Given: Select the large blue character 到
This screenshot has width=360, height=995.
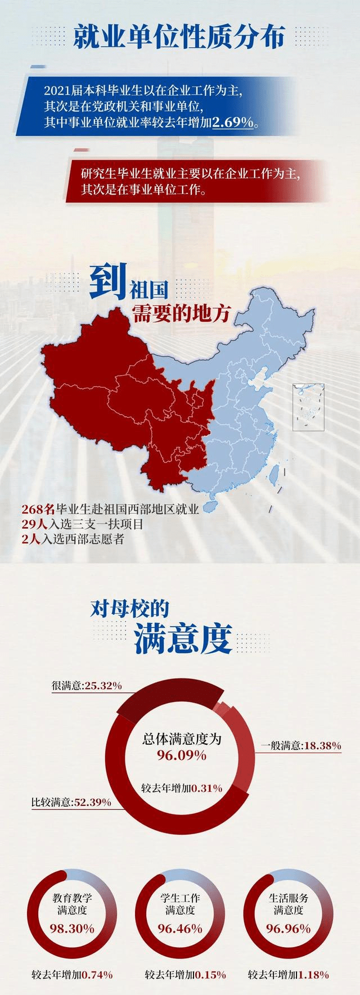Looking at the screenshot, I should [107, 283].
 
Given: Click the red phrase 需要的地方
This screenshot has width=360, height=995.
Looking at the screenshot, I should [181, 313].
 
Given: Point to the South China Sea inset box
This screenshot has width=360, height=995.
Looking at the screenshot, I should [308, 407].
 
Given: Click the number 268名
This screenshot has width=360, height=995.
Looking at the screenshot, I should [38, 510].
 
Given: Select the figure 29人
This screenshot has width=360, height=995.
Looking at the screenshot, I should [34, 524].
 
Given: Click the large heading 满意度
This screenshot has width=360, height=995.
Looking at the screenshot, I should [183, 638].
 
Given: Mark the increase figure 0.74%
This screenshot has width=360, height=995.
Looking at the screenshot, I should [97, 974].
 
